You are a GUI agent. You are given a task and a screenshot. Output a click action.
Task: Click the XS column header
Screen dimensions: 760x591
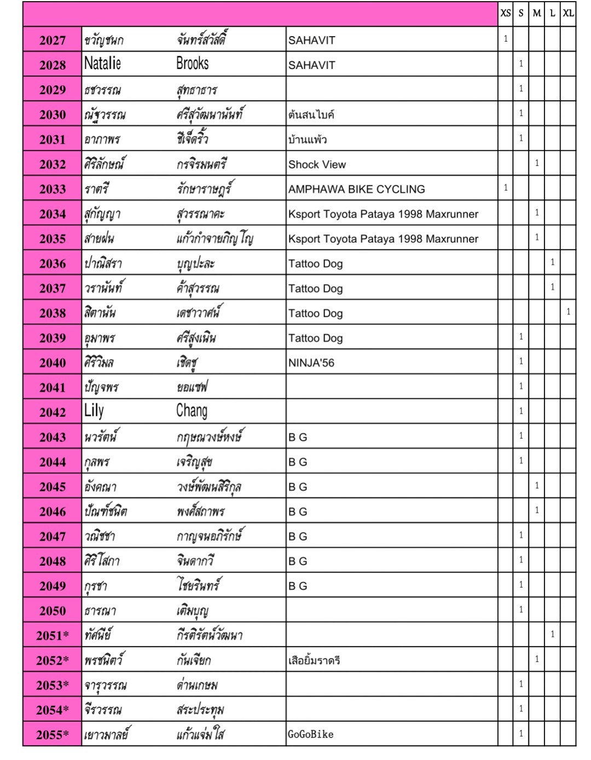click(x=505, y=13)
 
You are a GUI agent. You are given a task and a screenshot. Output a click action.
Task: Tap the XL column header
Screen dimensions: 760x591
click(x=568, y=13)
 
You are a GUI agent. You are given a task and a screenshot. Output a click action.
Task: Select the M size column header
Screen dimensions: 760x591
click(x=536, y=13)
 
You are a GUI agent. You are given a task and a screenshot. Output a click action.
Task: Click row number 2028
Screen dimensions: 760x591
click(x=53, y=65)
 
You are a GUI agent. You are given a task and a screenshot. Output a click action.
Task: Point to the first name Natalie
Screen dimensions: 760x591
click(x=102, y=64)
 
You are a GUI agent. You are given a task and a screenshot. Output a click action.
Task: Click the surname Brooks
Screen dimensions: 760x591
click(x=192, y=64)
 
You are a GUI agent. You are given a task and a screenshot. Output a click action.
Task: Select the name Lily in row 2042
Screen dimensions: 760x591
click(x=94, y=411)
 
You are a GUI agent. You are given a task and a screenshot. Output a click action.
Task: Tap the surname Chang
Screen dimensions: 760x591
click(x=192, y=411)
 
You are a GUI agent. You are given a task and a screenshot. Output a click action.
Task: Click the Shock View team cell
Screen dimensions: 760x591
click(x=317, y=164)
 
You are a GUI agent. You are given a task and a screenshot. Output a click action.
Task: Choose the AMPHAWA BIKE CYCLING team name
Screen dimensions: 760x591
click(x=356, y=189)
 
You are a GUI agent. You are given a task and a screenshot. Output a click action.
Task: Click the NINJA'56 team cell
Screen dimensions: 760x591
click(x=311, y=363)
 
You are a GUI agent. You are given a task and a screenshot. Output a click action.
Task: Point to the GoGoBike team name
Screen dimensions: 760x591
click(x=310, y=734)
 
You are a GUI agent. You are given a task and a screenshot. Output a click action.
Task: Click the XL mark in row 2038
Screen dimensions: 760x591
click(x=568, y=312)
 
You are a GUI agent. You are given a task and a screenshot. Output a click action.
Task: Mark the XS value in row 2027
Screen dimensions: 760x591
click(x=505, y=39)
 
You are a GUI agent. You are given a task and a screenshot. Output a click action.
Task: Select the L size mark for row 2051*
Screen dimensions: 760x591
click(x=552, y=634)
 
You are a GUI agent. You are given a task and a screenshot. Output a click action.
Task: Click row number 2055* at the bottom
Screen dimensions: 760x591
click(x=53, y=735)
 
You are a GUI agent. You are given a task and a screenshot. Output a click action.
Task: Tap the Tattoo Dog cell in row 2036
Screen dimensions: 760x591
click(x=315, y=264)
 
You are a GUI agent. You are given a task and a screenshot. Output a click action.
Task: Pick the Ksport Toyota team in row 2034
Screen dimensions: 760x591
click(x=383, y=214)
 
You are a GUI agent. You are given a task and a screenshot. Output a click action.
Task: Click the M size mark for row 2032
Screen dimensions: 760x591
click(x=536, y=163)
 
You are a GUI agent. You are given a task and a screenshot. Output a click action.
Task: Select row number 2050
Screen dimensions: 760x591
click(x=53, y=611)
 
